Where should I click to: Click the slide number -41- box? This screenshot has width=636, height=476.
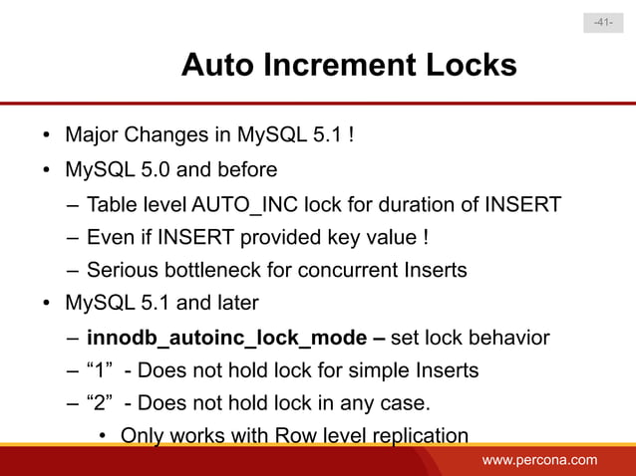[603, 22]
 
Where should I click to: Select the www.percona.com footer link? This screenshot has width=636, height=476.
[539, 459]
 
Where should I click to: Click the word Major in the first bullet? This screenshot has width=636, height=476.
[93, 133]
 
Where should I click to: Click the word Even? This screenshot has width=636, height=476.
[110, 239]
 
